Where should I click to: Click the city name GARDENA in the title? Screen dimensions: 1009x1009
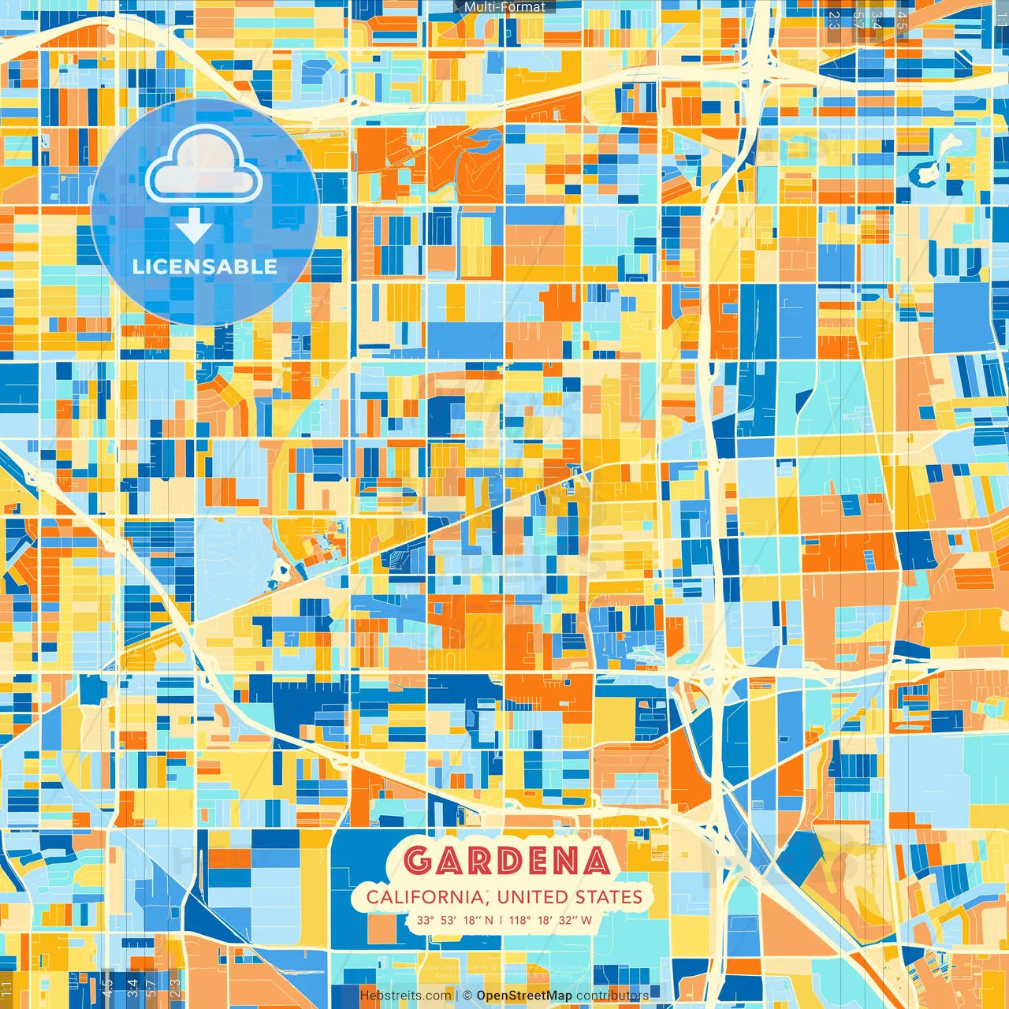click(507, 860)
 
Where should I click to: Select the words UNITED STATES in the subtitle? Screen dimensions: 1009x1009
click(570, 897)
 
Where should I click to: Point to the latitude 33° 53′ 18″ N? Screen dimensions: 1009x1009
click(455, 920)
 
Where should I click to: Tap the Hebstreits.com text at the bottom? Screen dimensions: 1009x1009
click(405, 996)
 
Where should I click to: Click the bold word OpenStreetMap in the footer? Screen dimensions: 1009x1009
click(524, 996)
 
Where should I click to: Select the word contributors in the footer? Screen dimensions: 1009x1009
click(612, 996)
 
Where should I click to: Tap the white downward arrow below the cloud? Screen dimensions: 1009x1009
click(193, 227)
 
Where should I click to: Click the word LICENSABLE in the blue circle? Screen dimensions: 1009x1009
click(205, 266)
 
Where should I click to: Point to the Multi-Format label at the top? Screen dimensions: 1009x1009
click(504, 7)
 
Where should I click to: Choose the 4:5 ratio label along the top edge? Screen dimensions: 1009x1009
click(902, 20)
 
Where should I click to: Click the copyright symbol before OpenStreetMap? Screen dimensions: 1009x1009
click(467, 996)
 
